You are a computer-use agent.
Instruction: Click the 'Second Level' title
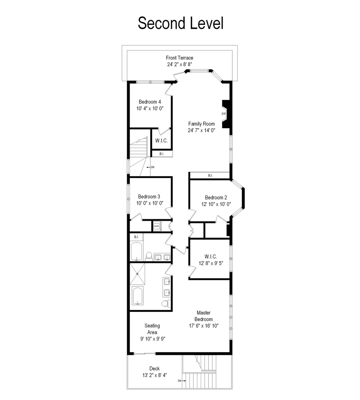(180, 23)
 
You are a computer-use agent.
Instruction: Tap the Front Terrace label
(180, 58)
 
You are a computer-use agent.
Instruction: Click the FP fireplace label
(224, 114)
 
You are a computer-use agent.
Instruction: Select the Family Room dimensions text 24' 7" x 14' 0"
(201, 130)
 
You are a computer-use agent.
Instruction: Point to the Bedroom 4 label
(150, 102)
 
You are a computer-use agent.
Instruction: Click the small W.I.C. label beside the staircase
(161, 141)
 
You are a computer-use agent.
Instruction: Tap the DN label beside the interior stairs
(152, 167)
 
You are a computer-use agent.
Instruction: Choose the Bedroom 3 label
(149, 197)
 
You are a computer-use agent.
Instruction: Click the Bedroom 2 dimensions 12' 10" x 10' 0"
(216, 204)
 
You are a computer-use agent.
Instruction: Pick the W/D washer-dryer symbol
(157, 225)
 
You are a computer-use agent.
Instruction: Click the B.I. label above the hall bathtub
(136, 237)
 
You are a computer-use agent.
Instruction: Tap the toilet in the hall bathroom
(149, 255)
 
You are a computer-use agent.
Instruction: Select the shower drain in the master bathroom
(137, 274)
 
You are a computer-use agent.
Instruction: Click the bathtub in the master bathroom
(140, 296)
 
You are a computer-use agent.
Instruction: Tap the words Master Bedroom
(204, 316)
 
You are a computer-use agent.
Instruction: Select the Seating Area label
(152, 329)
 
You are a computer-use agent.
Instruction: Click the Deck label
(154, 369)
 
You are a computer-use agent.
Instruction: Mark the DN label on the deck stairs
(180, 381)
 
